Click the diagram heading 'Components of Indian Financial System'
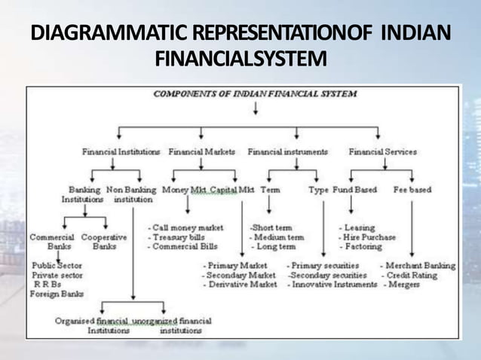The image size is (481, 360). click(256, 94)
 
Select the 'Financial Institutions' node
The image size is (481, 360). click(121, 151)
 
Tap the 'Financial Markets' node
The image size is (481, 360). click(201, 151)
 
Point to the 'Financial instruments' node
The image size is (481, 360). click(287, 151)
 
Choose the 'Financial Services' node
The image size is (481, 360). click(382, 151)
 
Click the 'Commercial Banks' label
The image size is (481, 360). click(51, 241)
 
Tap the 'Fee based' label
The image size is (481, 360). click(412, 191)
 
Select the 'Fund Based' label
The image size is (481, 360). click(354, 191)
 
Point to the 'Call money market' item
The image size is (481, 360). click(185, 227)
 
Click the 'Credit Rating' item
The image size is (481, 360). click(415, 276)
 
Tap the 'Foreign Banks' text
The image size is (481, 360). click(57, 294)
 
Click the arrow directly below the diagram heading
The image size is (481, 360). click(256, 108)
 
